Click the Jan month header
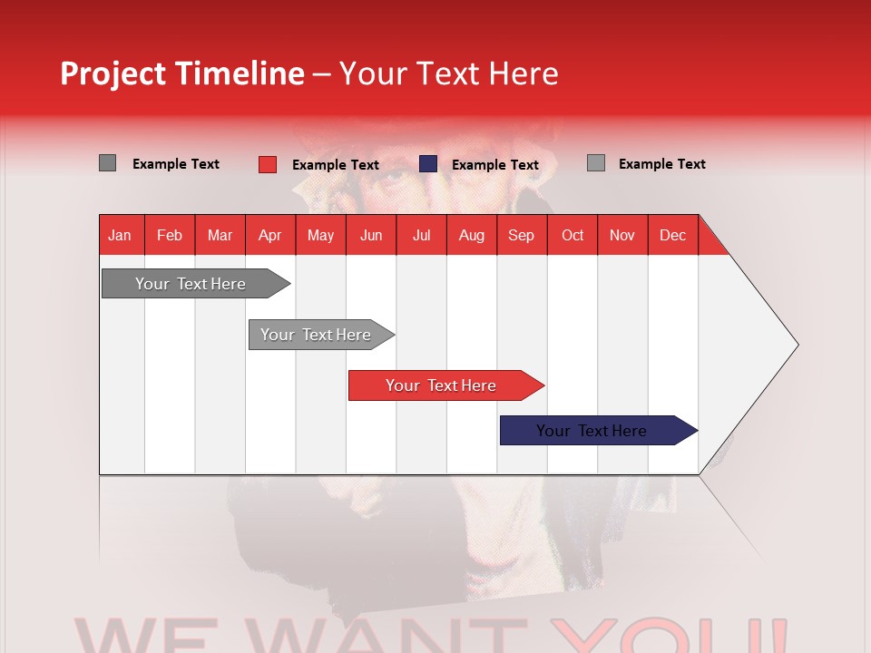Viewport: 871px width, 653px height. (120, 235)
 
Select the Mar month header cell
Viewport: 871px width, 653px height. (220, 235)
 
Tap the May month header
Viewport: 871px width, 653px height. (320, 235)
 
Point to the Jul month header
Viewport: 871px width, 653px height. (421, 235)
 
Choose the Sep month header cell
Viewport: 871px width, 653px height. (521, 235)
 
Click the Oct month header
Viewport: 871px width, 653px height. (573, 235)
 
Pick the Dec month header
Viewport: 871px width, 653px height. (672, 235)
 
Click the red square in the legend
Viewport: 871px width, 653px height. (267, 164)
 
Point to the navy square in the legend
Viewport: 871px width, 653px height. (428, 164)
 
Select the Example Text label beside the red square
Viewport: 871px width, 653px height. (335, 164)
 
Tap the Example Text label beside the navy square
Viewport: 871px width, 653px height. (494, 164)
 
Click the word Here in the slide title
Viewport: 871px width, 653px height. (524, 73)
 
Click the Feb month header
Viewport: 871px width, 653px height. (170, 235)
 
